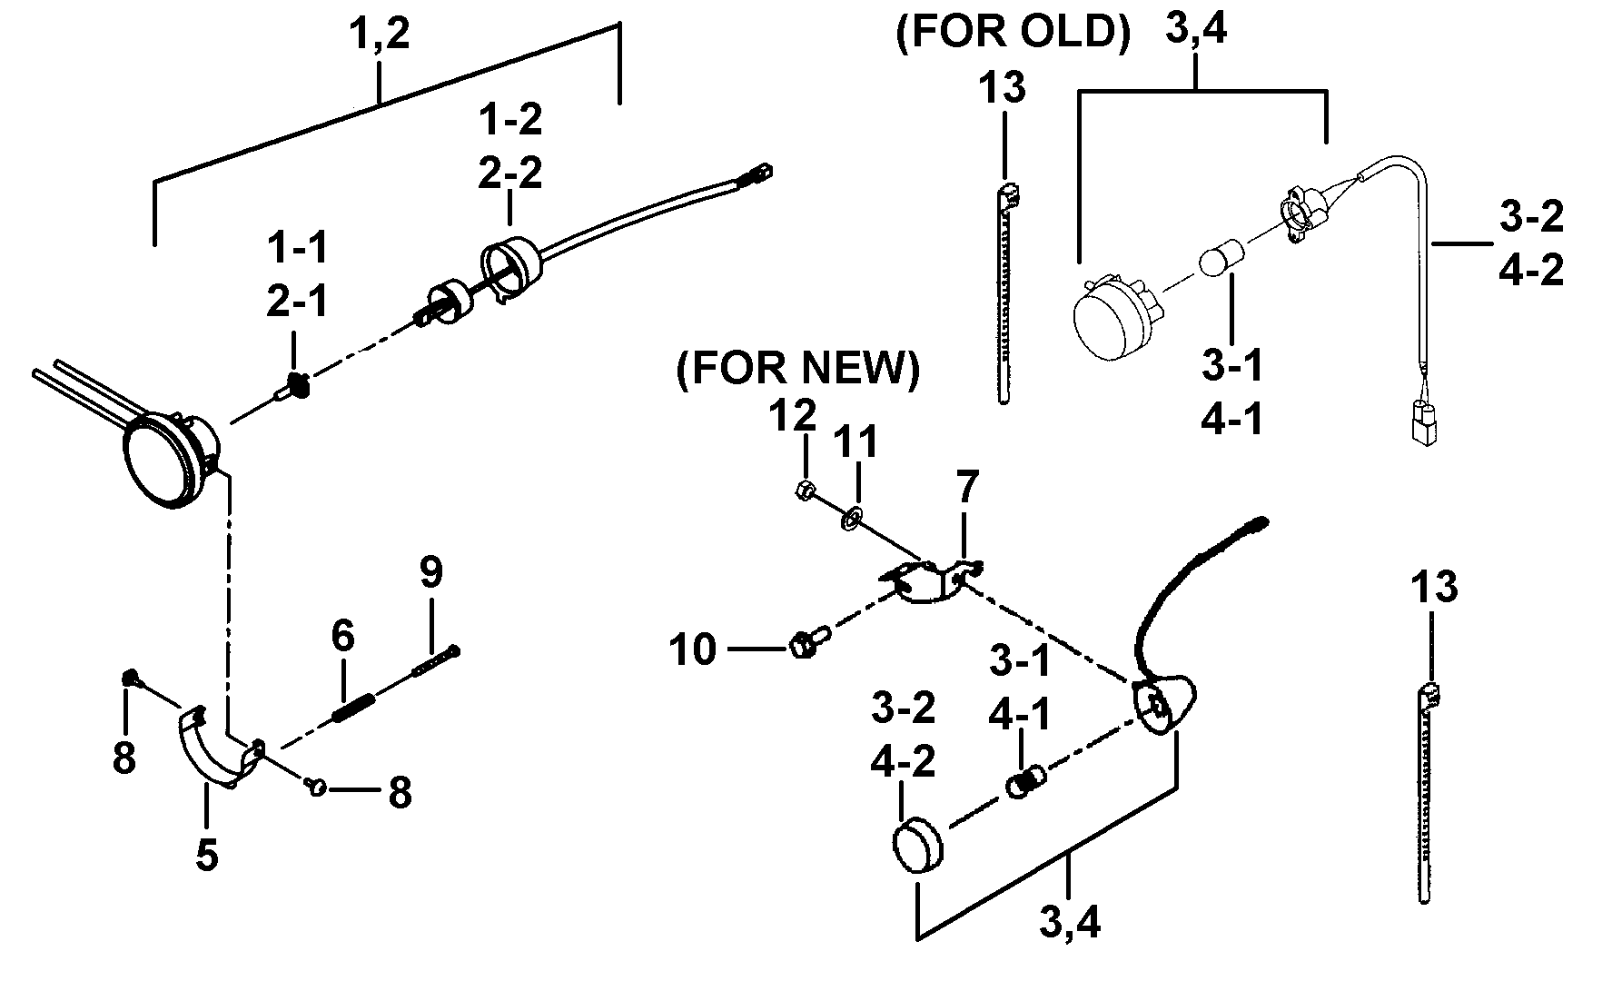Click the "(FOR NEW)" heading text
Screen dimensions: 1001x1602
point(797,371)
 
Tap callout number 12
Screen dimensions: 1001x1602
point(793,417)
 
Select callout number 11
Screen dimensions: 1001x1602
point(856,442)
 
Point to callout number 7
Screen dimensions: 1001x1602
point(967,488)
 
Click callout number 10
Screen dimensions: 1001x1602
point(693,650)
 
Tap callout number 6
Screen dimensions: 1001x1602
point(342,636)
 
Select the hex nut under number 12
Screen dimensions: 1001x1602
point(803,491)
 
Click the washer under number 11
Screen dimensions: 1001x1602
point(852,520)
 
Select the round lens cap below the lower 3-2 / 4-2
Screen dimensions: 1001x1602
point(917,847)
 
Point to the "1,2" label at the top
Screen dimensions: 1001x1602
point(380,34)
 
